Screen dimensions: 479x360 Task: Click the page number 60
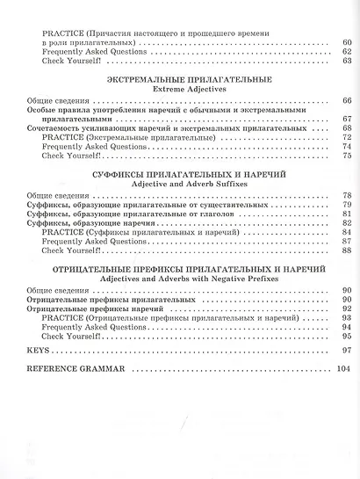point(346,41)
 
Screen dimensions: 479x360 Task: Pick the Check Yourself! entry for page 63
point(71,61)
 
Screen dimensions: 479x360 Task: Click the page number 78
point(346,194)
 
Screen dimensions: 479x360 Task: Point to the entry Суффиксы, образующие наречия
point(80,224)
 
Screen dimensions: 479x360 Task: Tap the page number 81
point(346,214)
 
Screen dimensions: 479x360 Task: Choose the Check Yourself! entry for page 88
point(71,252)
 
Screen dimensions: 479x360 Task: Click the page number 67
point(346,119)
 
